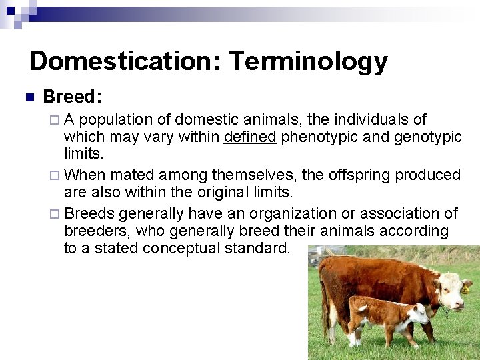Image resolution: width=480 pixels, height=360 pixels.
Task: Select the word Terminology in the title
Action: (308, 61)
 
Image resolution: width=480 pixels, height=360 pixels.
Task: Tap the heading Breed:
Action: (72, 97)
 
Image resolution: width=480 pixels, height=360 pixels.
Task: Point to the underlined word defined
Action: (250, 137)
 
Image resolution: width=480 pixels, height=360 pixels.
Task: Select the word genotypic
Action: (427, 137)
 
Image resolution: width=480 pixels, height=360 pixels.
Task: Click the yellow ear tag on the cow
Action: (465, 290)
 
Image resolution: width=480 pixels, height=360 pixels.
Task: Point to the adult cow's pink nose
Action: (459, 305)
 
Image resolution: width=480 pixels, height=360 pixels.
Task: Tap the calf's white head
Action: (418, 313)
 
